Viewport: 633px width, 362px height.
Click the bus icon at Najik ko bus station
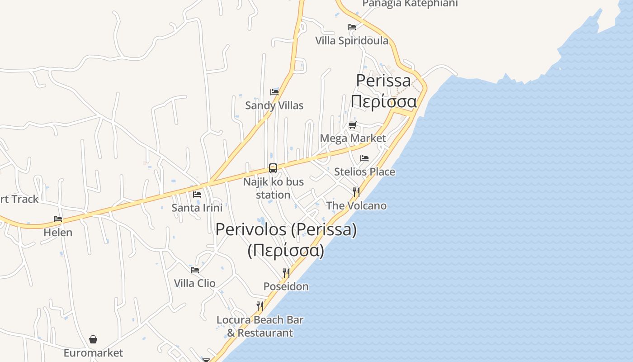273,168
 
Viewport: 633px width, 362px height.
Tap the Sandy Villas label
274,105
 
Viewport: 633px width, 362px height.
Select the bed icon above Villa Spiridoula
351,27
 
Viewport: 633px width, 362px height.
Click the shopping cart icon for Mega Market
352,125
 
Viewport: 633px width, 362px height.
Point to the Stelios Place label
364,172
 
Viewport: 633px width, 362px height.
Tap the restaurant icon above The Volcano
356,192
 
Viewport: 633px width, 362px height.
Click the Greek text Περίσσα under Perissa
383,101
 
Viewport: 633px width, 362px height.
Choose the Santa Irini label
197,208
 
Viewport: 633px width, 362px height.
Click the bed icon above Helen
58,219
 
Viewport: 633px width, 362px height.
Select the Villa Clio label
194,283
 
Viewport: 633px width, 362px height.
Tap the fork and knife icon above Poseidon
286,273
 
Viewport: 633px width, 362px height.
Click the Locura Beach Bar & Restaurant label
260,326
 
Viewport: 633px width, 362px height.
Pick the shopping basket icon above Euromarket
93,339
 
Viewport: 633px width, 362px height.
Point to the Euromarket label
93,353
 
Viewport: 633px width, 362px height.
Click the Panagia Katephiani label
410,4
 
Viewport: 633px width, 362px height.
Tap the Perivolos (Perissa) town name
286,229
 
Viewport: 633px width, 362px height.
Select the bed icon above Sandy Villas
274,92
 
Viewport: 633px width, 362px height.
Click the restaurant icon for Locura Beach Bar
260,306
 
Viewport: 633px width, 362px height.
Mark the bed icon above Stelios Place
364,158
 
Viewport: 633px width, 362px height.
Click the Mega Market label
353,138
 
